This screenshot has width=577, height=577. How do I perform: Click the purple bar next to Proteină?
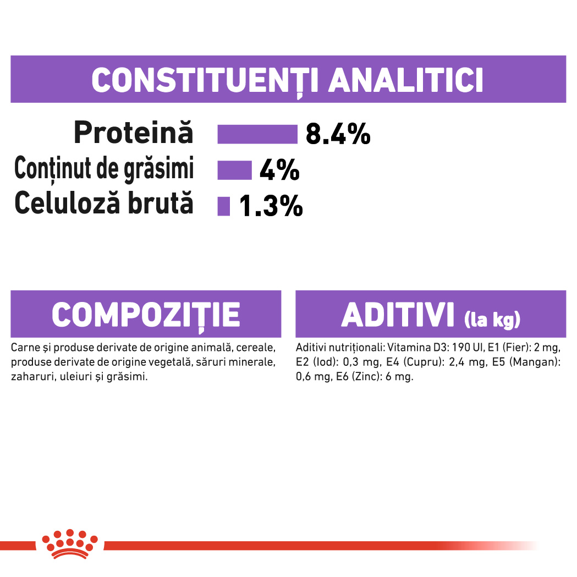[257, 134]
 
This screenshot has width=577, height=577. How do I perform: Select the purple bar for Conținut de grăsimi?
[234, 170]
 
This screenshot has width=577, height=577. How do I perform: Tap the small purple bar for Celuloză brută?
[224, 206]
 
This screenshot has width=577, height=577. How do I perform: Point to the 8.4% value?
[338, 134]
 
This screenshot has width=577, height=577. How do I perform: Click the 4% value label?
[279, 170]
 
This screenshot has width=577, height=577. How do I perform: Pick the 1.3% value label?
[271, 206]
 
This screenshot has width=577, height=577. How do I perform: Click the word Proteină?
[133, 133]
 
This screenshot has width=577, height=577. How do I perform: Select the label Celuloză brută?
[104, 203]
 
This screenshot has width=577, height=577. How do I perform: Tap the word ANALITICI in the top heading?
[405, 80]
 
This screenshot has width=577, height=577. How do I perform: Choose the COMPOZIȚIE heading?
[146, 315]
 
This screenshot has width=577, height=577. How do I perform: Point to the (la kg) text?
[492, 320]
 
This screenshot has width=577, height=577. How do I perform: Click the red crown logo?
[70, 544]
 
